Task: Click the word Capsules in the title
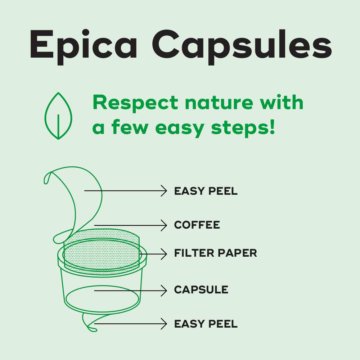click(x=242, y=47)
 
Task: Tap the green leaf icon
click(x=58, y=116)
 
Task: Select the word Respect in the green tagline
click(x=135, y=103)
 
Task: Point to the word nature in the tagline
click(x=219, y=103)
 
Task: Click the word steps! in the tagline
click(x=243, y=128)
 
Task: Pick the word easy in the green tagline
click(x=180, y=129)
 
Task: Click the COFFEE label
click(x=197, y=225)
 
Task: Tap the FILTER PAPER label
click(x=216, y=253)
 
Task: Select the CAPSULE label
click(x=201, y=290)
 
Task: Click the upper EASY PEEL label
click(x=206, y=191)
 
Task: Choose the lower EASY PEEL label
click(x=206, y=324)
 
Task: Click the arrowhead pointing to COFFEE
click(x=164, y=225)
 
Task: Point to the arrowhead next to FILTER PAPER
click(x=164, y=254)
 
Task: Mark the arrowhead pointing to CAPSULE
click(x=164, y=291)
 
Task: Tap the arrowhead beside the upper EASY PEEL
click(x=164, y=191)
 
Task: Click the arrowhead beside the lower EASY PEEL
click(x=164, y=324)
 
